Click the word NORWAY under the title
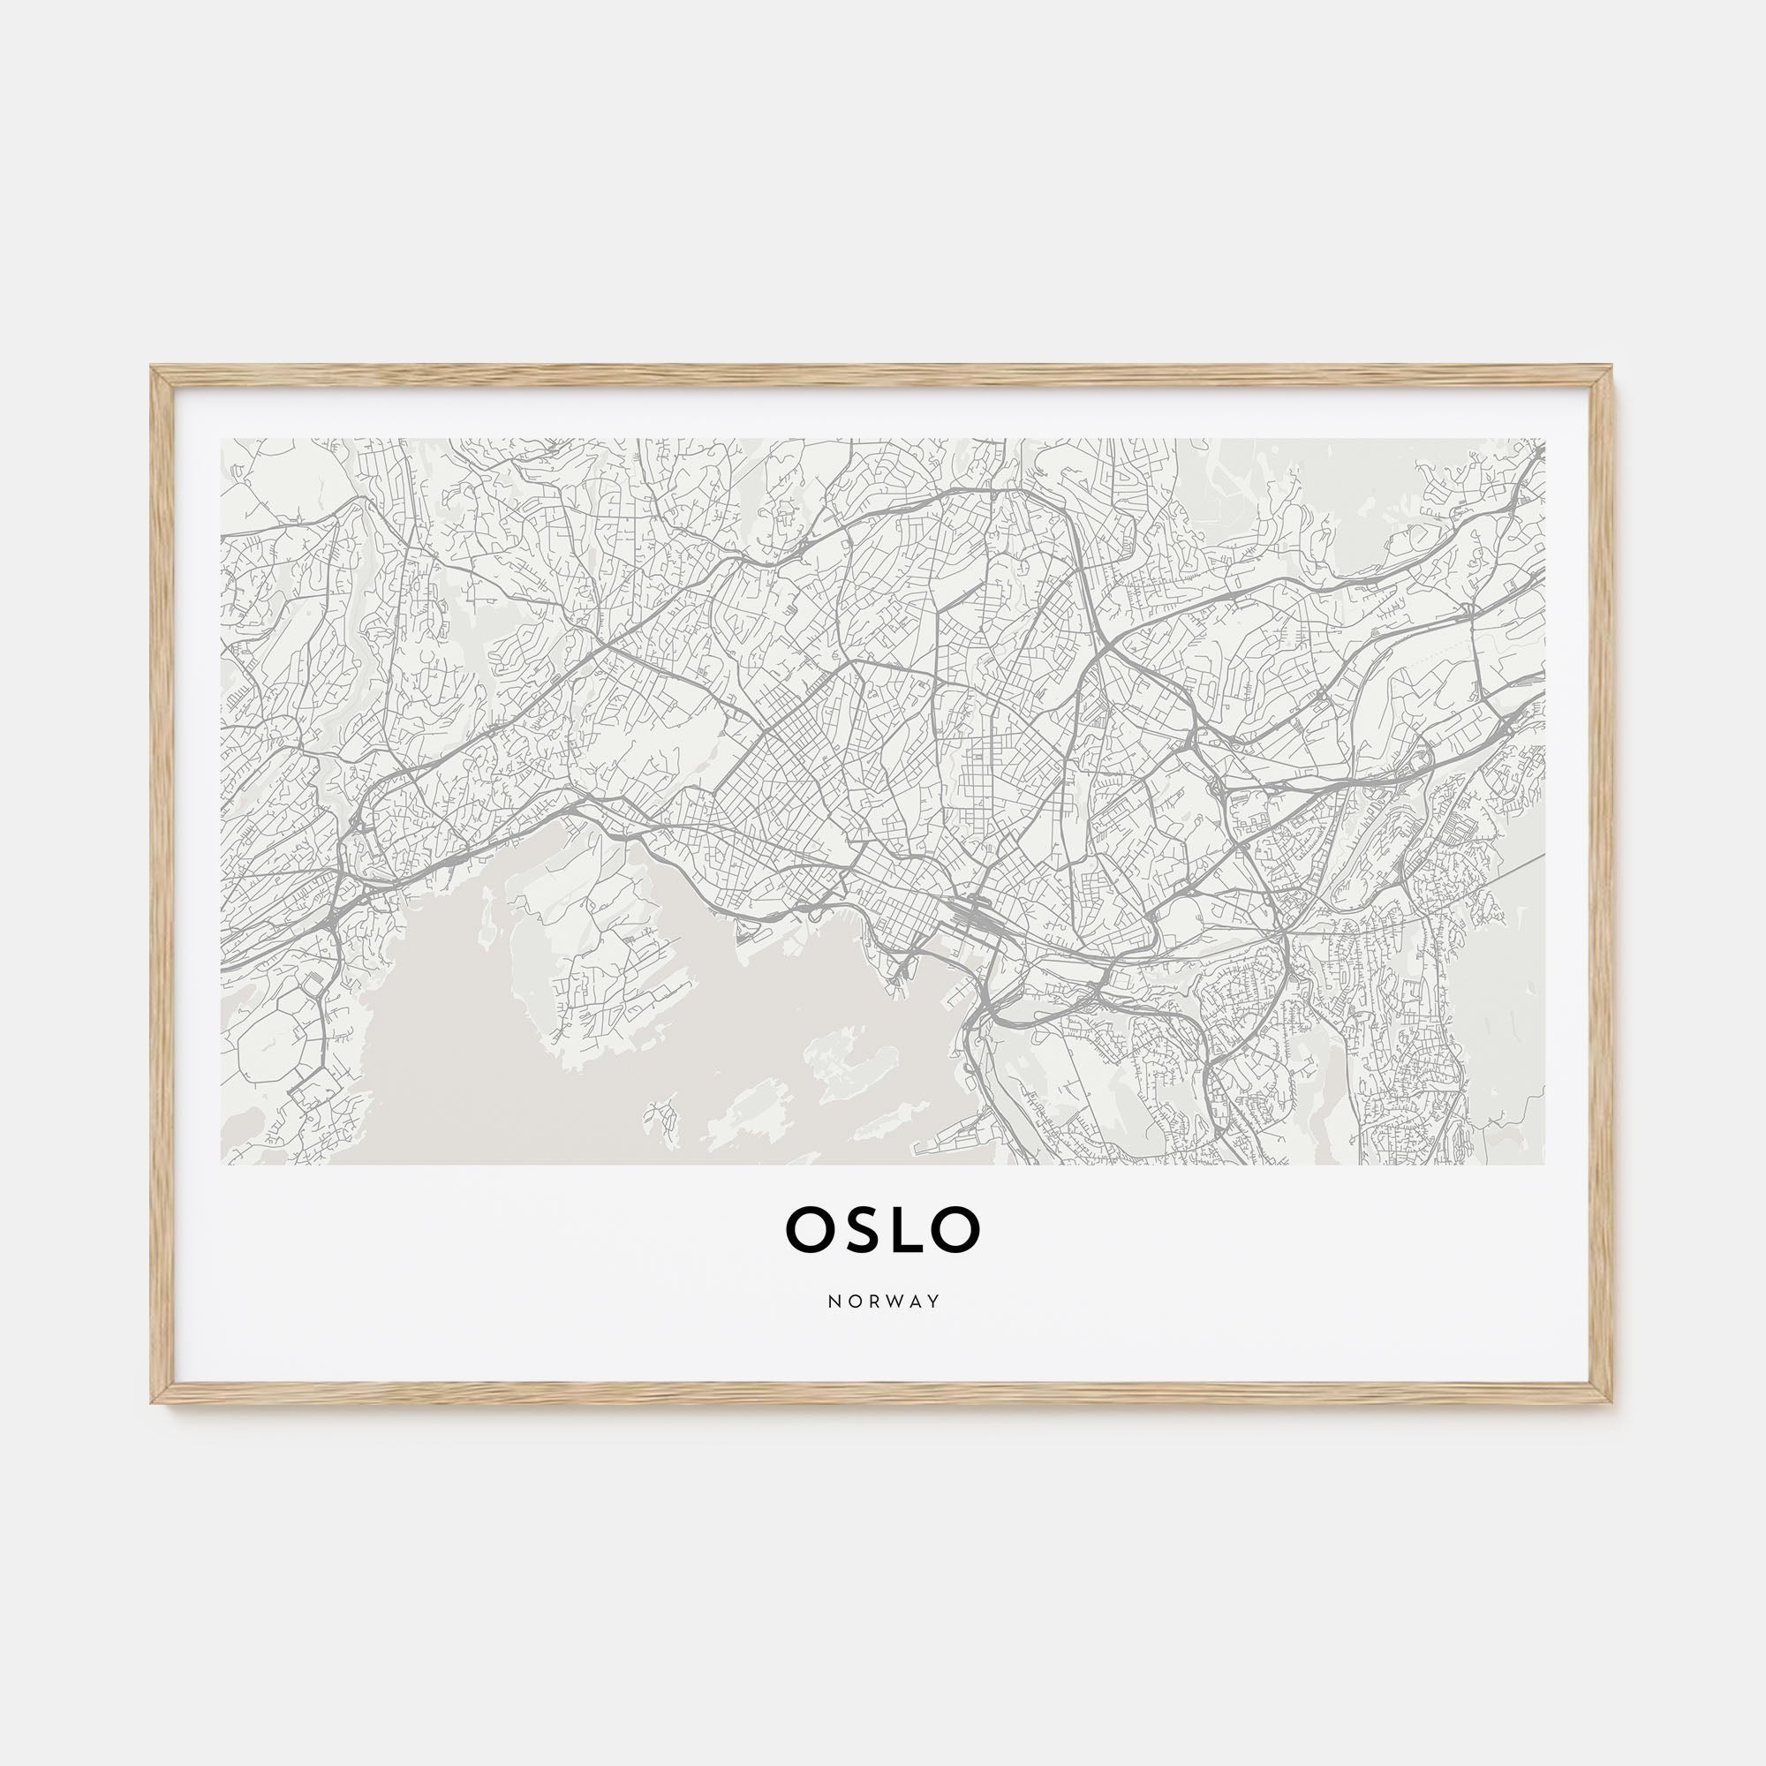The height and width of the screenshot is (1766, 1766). (x=883, y=1302)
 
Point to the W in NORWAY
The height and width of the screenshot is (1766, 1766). (x=891, y=1302)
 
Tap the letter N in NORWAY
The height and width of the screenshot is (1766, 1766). (x=833, y=1302)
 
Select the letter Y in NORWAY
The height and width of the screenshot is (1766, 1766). (x=933, y=1302)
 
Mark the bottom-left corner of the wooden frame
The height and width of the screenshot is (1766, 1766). (x=154, y=1402)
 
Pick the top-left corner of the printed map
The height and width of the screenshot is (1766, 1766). (x=223, y=439)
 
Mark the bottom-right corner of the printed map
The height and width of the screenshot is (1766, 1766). (x=1543, y=1164)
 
